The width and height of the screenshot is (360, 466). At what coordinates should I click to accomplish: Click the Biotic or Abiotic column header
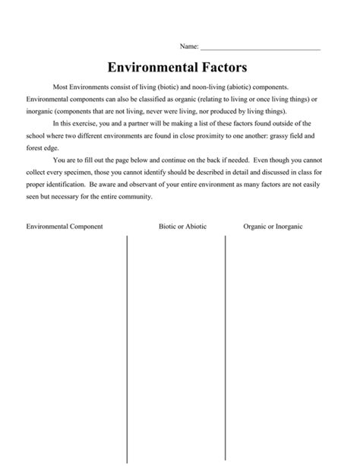pyautogui.click(x=182, y=227)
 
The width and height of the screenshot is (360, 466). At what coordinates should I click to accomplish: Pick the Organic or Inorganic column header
pyautogui.click(x=273, y=227)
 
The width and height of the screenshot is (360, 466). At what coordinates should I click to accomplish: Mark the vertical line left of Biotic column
pyautogui.click(x=127, y=342)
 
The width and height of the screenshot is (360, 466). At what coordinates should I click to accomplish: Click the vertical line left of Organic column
pyautogui.click(x=226, y=342)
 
